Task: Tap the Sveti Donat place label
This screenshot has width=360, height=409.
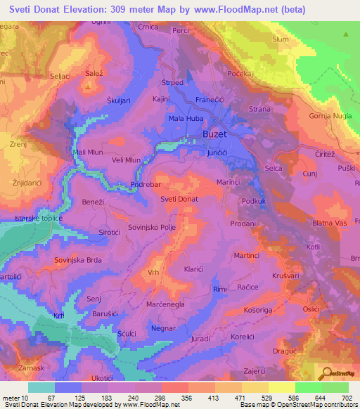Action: (x=179, y=200)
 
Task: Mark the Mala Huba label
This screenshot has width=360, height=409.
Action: (x=185, y=118)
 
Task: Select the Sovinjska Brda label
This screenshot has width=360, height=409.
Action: (x=79, y=259)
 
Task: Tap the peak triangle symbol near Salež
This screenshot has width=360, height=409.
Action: (x=89, y=87)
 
